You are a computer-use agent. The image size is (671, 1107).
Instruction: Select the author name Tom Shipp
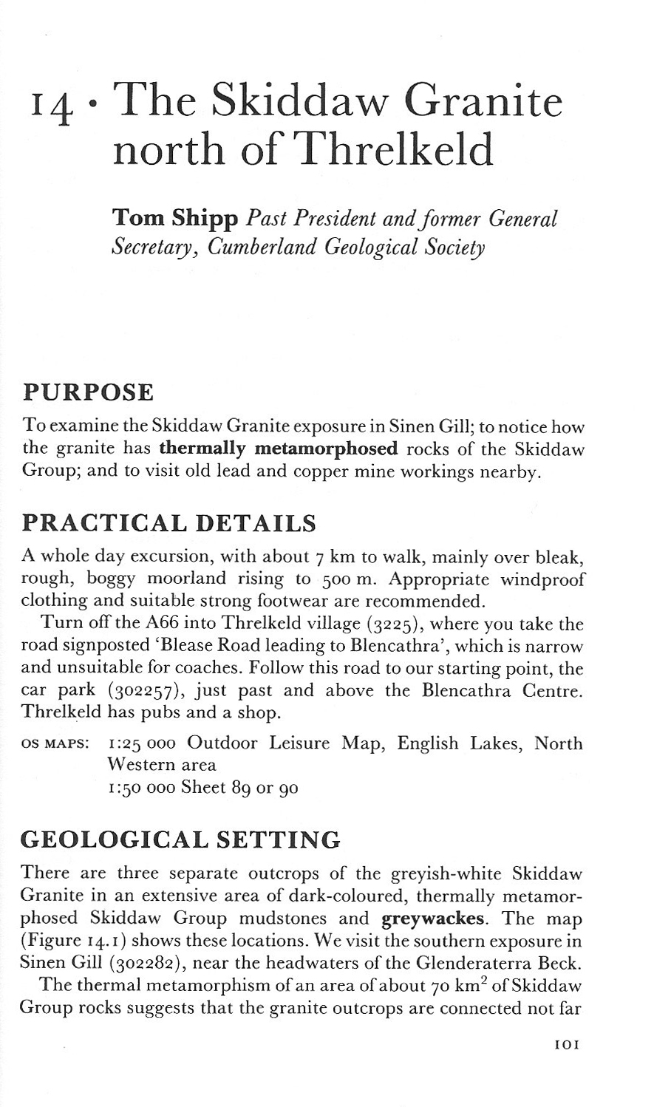point(174,219)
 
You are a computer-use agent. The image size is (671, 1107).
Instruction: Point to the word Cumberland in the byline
point(262,247)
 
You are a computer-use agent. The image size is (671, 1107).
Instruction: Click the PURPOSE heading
point(88,392)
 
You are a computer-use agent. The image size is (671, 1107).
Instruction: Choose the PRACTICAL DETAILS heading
point(169,523)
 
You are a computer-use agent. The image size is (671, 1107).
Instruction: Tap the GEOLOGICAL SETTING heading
point(181,839)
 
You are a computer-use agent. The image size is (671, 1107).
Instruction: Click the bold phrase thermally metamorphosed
point(278,449)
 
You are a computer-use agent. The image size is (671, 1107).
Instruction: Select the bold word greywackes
point(432,919)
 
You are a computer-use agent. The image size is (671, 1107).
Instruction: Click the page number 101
point(567,1045)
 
